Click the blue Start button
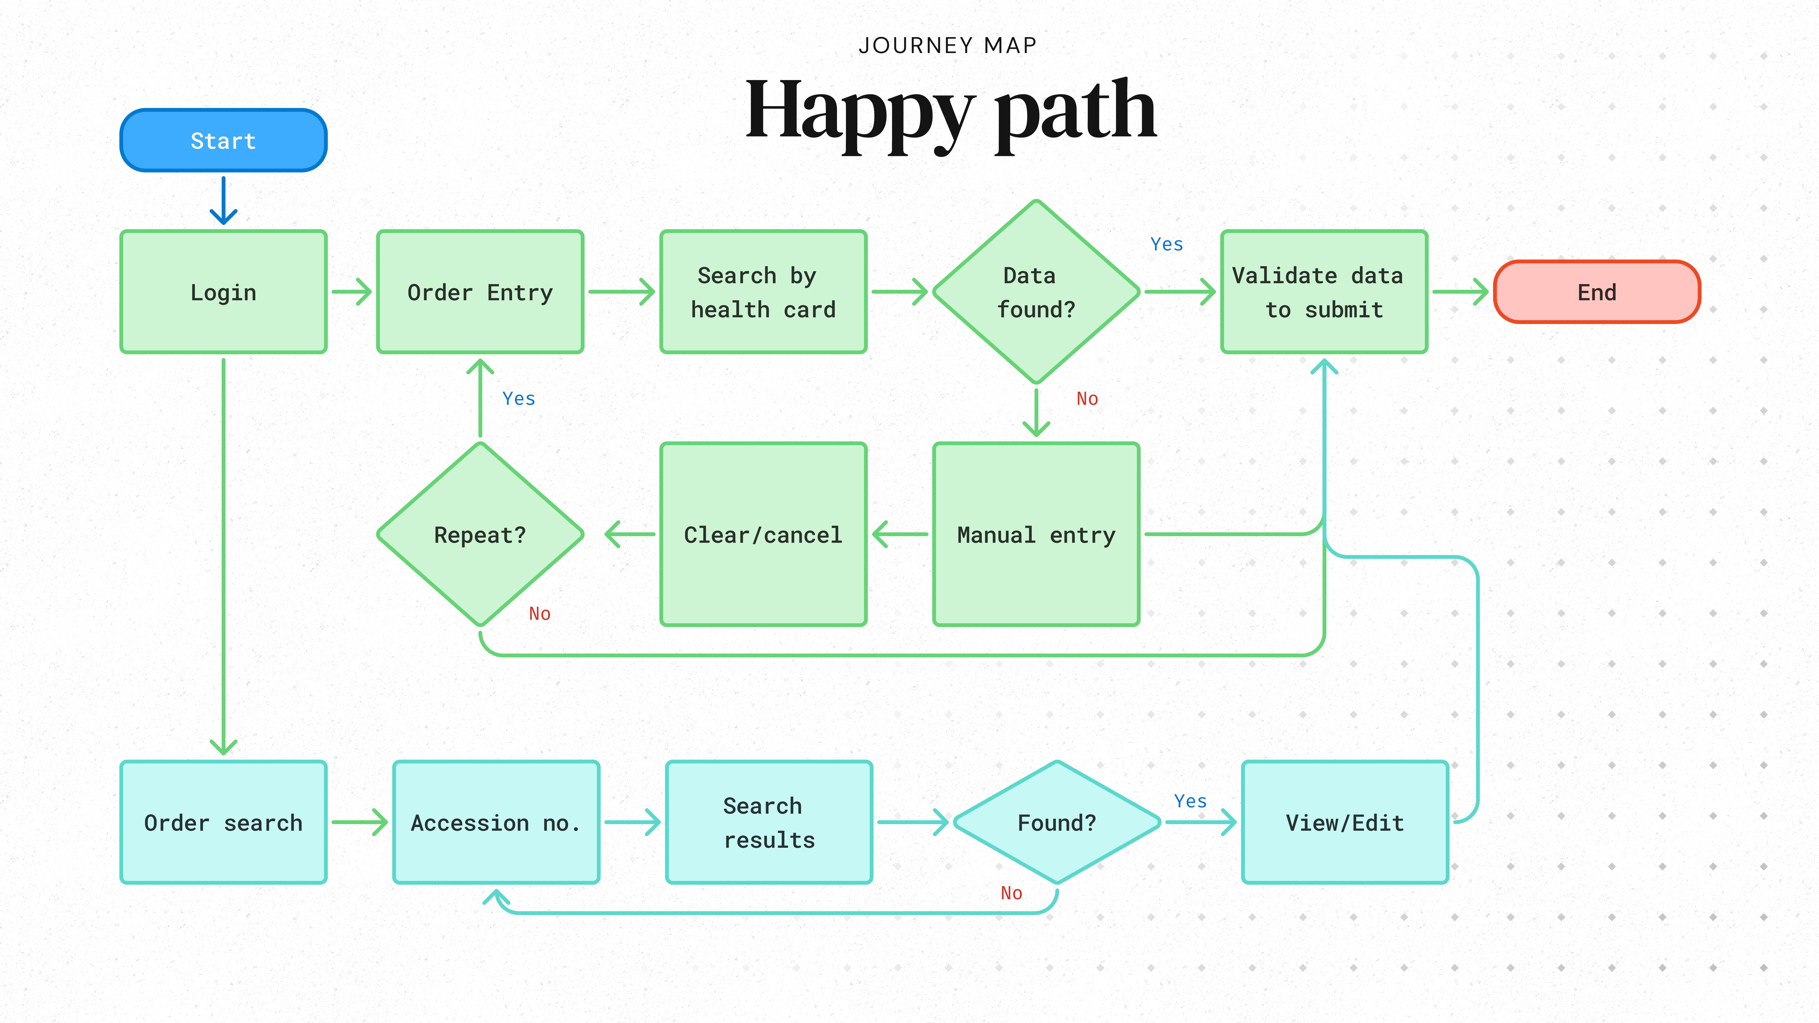(223, 140)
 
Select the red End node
(1597, 292)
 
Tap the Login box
(223, 292)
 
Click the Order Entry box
(480, 292)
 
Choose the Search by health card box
(763, 292)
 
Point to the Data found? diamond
(1036, 292)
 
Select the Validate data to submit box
(1324, 292)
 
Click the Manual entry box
(1036, 534)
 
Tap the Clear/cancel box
(763, 534)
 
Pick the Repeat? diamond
(480, 534)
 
